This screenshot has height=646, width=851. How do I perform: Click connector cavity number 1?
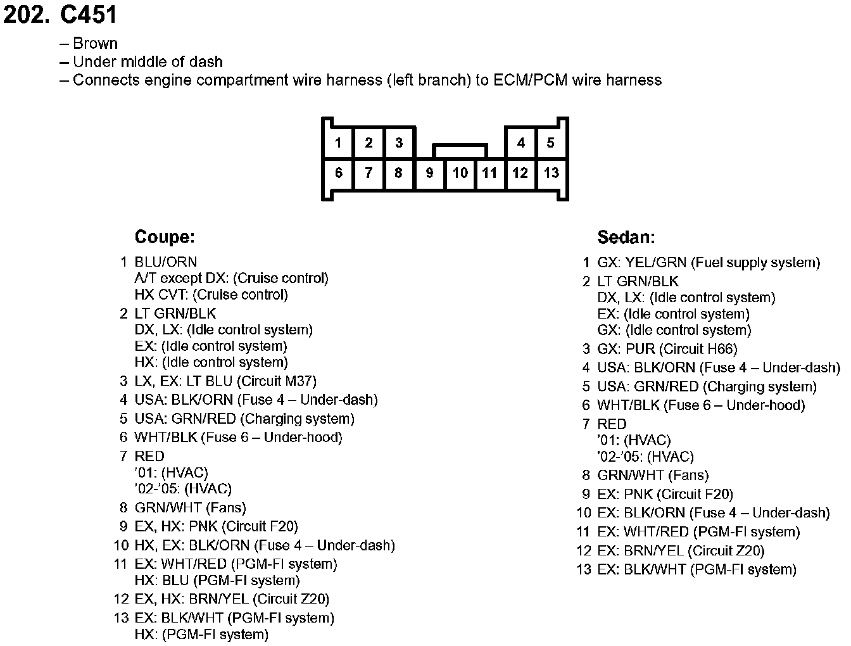pyautogui.click(x=338, y=142)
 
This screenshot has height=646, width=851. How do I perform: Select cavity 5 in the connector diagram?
pyautogui.click(x=550, y=142)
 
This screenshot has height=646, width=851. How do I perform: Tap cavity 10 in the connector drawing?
pyautogui.click(x=460, y=173)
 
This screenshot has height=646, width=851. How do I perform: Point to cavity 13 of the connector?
pyautogui.click(x=551, y=173)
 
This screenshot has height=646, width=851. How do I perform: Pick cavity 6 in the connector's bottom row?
pyautogui.click(x=339, y=173)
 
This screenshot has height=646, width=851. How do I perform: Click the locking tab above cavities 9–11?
pyautogui.click(x=460, y=151)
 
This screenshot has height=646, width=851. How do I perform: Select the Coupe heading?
pyautogui.click(x=165, y=237)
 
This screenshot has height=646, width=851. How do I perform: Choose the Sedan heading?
pyautogui.click(x=626, y=237)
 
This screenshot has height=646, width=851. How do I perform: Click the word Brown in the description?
pyautogui.click(x=95, y=43)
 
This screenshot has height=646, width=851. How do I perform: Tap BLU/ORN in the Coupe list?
pyautogui.click(x=166, y=262)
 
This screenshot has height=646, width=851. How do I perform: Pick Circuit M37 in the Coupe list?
pyautogui.click(x=277, y=381)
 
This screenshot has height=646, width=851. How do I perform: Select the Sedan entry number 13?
pyautogui.click(x=583, y=569)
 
